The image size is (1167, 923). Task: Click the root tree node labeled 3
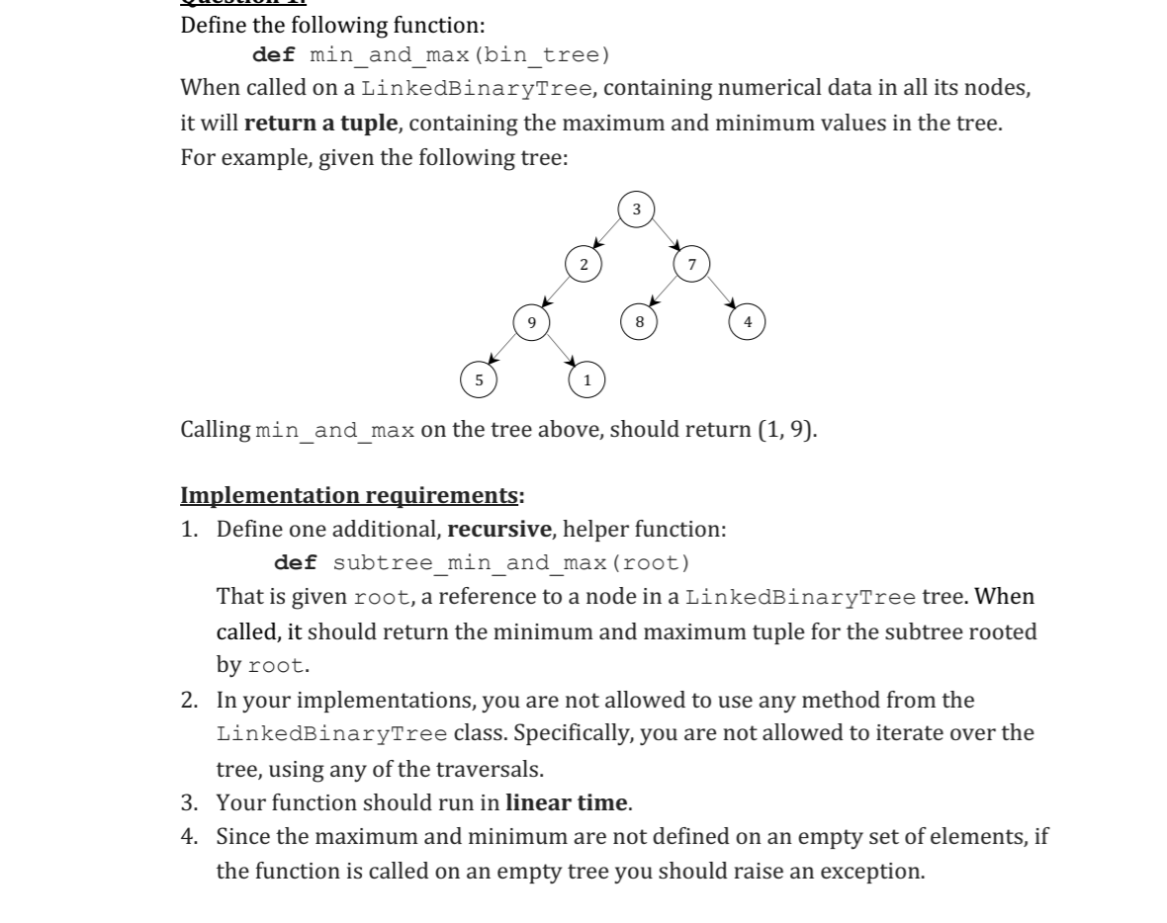(636, 210)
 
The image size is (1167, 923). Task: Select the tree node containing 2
(583, 265)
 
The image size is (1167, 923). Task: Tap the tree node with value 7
(691, 265)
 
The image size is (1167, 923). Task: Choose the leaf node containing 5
(479, 378)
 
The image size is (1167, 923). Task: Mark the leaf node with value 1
(585, 378)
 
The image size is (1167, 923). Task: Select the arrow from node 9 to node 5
(504, 350)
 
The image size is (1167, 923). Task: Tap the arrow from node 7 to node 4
(720, 294)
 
